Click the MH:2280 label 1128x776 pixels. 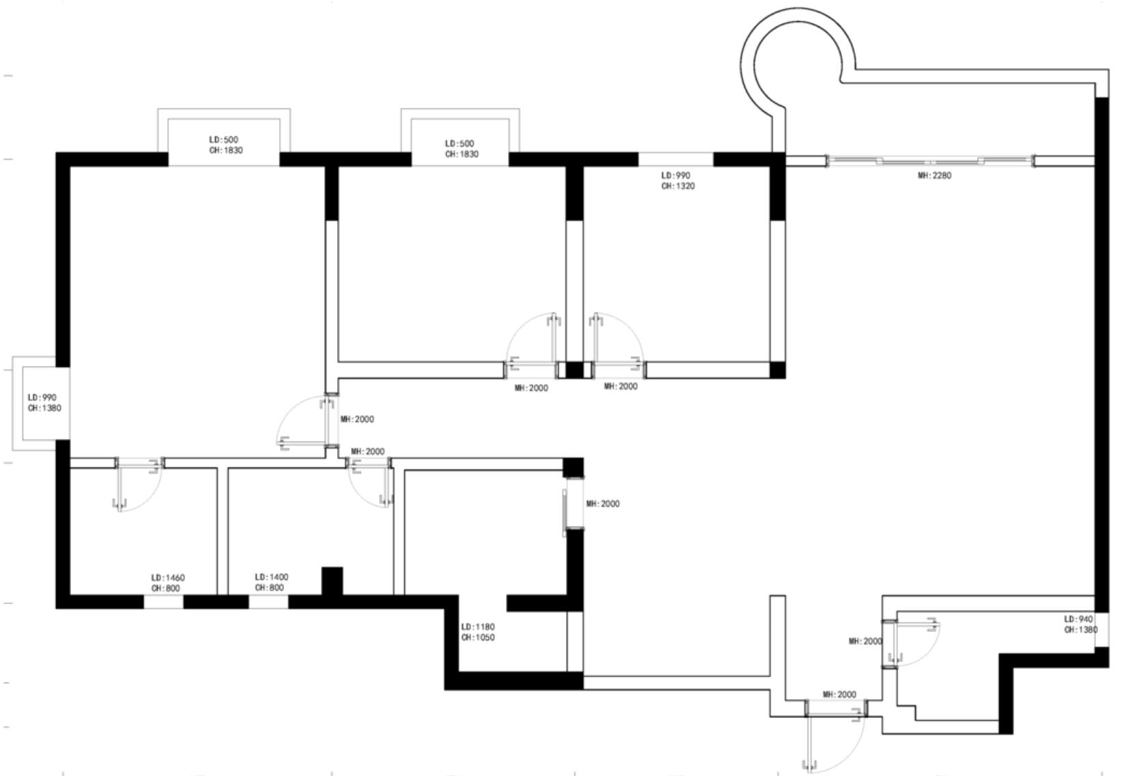935,175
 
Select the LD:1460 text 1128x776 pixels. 168,577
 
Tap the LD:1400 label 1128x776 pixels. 272,577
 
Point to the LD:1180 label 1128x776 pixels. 478,627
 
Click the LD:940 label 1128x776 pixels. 1078,619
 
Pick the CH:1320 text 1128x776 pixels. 678,186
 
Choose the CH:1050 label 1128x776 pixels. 478,637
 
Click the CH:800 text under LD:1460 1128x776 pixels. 166,588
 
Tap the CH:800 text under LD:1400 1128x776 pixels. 270,588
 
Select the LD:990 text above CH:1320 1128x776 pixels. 676,175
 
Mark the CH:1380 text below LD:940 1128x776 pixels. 1081,630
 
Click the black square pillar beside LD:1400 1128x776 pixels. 333,581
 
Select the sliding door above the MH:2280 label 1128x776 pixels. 931,161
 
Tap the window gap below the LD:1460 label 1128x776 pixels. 164,602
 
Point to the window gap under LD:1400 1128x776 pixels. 268,602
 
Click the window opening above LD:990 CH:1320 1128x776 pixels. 676,159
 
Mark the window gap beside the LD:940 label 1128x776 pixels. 1102,629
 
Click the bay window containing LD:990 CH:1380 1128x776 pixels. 41,403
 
